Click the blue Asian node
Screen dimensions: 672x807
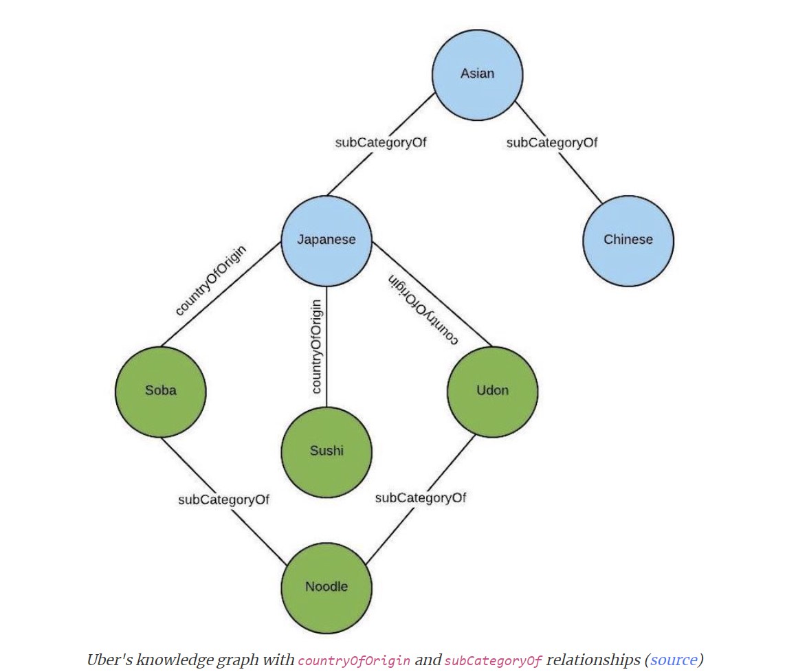point(477,74)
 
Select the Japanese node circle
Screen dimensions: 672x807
point(327,240)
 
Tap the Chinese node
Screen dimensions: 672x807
point(628,240)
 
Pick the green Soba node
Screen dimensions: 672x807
point(160,391)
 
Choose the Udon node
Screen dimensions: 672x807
point(492,391)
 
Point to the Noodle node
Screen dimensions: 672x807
point(327,587)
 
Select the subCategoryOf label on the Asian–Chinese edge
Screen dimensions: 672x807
point(551,143)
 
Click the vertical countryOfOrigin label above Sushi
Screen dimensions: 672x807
point(316,346)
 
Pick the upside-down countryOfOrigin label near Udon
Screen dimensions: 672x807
point(423,309)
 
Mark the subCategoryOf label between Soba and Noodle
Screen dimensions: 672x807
point(223,500)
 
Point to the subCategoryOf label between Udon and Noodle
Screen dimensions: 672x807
point(420,497)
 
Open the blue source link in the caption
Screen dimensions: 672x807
point(673,660)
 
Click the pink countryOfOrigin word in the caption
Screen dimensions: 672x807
point(354,661)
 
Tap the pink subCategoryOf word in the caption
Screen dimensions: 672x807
point(493,661)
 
